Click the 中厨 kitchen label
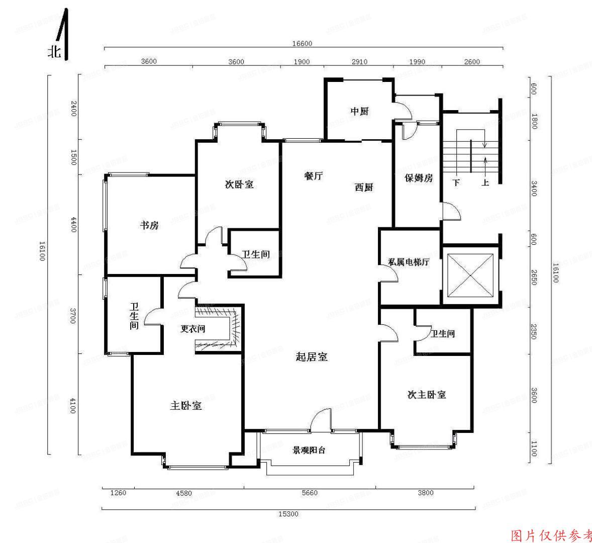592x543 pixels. click(359, 111)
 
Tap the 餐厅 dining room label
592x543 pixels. click(314, 176)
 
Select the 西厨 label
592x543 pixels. click(364, 188)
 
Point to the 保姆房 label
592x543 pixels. click(419, 178)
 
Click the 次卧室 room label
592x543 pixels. click(239, 185)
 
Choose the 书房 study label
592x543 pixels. click(149, 225)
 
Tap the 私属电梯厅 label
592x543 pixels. click(409, 262)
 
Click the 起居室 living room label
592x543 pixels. click(312, 357)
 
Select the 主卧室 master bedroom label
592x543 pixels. click(186, 406)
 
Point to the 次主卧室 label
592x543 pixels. click(427, 395)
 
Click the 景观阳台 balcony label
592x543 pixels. click(309, 450)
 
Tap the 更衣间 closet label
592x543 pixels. click(193, 329)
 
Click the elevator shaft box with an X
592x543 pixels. click(470, 276)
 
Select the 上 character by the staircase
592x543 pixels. click(485, 183)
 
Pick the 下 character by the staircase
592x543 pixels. click(456, 183)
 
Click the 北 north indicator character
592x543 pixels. click(54, 52)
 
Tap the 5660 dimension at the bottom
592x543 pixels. click(310, 493)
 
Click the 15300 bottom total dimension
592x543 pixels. click(288, 514)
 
